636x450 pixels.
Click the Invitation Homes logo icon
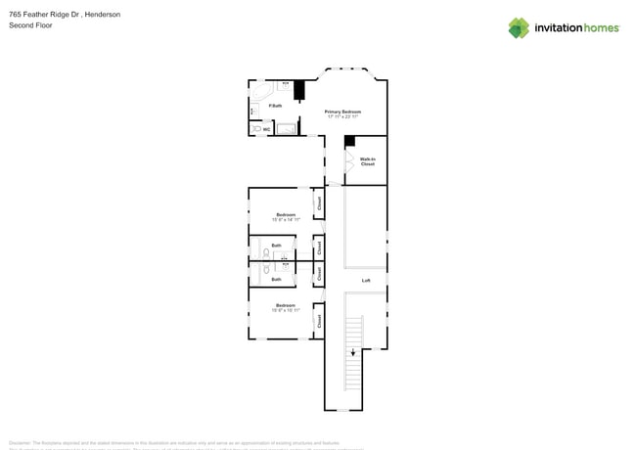(519, 28)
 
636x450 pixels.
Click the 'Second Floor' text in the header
(31, 25)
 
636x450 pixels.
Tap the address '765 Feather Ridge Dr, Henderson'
(65, 15)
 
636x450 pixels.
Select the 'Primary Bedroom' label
(342, 112)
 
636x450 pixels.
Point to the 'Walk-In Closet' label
(368, 161)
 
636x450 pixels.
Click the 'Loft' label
(366, 281)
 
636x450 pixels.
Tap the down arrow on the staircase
(353, 353)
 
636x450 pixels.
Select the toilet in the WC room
(257, 128)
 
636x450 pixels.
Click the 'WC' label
(267, 128)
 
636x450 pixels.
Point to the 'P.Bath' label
(275, 106)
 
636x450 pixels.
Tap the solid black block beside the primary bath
(299, 90)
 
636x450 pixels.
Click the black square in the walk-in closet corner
(349, 141)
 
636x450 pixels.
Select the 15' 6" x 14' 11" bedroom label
(286, 217)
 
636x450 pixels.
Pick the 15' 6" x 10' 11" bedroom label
(286, 308)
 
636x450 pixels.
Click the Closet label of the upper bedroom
(319, 203)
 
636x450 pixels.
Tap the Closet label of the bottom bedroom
(319, 320)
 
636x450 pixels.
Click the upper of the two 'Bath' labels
(276, 246)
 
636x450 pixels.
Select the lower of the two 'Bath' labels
(276, 279)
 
